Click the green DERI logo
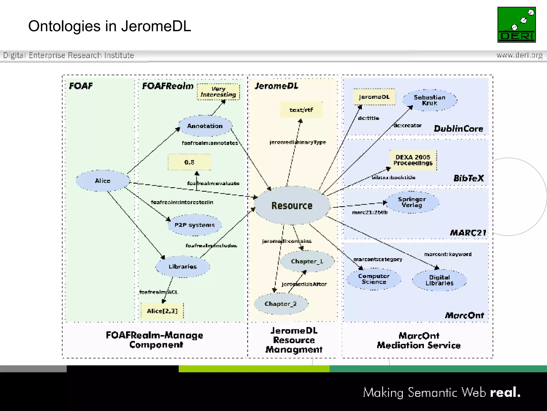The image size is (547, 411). [x=516, y=25]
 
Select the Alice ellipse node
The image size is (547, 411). [x=103, y=181]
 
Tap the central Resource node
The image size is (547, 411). [x=292, y=205]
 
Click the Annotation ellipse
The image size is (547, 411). [x=205, y=126]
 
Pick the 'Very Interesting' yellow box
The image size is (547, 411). [x=218, y=92]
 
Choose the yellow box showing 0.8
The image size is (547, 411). [x=189, y=162]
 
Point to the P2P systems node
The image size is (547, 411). [x=194, y=225]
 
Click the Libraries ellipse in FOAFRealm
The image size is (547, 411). [x=183, y=267]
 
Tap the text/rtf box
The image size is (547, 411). [x=301, y=110]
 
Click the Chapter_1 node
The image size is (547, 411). [x=307, y=261]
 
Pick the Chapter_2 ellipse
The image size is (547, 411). [x=280, y=304]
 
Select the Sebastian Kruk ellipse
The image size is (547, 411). [x=429, y=100]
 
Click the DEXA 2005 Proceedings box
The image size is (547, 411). [x=413, y=160]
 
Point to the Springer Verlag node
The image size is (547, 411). [x=412, y=202]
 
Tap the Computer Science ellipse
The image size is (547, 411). [x=374, y=279]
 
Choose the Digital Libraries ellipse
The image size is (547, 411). [x=439, y=280]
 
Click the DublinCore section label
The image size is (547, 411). [x=458, y=129]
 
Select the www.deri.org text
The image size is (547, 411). [x=519, y=55]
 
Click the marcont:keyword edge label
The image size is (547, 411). [x=448, y=254]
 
